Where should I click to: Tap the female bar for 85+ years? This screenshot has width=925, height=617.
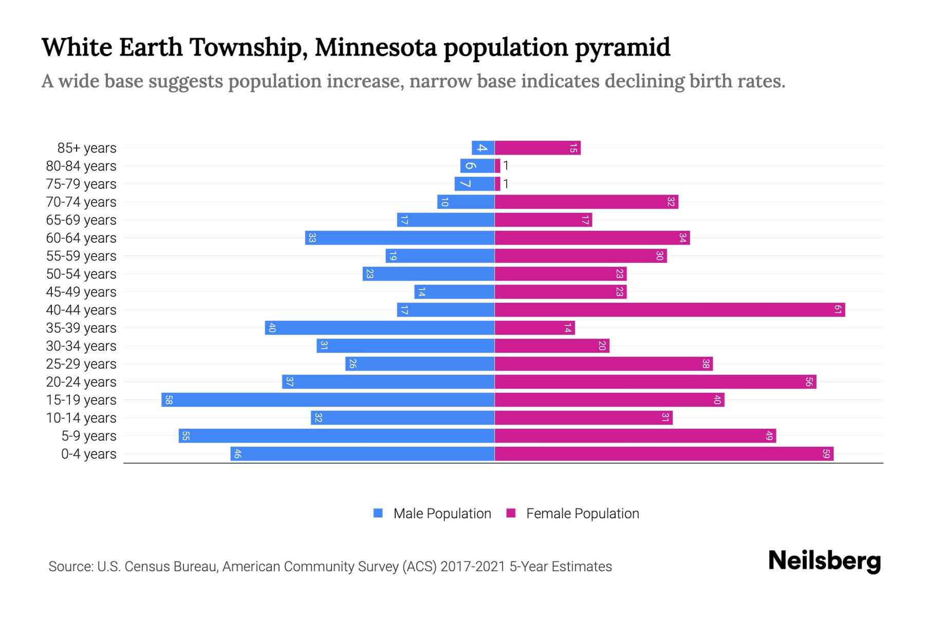click(x=537, y=148)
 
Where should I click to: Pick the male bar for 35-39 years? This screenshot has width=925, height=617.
click(x=380, y=328)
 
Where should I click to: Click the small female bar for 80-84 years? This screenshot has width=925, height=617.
click(x=497, y=166)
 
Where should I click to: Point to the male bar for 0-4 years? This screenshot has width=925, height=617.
click(x=362, y=453)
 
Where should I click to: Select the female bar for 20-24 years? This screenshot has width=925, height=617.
click(x=655, y=382)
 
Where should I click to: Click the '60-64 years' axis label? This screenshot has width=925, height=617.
click(x=81, y=238)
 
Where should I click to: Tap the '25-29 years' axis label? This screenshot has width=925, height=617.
click(x=81, y=364)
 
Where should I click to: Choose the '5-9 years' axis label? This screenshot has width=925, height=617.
click(x=89, y=436)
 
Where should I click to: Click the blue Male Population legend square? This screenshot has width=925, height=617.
click(x=378, y=513)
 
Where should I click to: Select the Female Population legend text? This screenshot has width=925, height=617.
click(x=582, y=513)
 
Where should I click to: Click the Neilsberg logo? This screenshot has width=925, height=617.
click(x=824, y=561)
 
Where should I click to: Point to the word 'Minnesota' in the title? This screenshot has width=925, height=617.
click(x=375, y=47)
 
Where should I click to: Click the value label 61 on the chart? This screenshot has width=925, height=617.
click(x=838, y=310)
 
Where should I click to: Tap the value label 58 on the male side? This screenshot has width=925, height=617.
click(x=169, y=400)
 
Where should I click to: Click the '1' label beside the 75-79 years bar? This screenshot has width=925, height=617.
click(x=506, y=184)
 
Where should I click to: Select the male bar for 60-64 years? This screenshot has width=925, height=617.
click(x=400, y=238)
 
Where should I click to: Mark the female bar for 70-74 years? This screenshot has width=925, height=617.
click(x=586, y=202)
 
